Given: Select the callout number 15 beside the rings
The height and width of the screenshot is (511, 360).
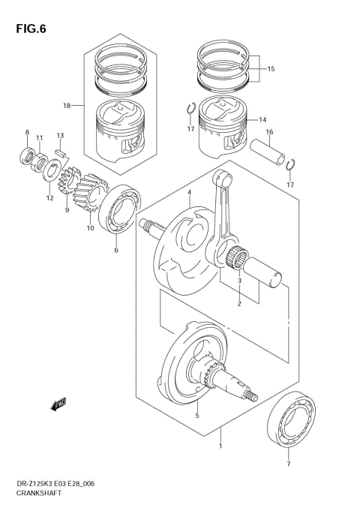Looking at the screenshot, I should point(271,69).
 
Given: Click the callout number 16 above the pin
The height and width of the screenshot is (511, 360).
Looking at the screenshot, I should point(268,132).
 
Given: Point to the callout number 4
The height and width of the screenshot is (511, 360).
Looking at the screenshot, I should point(190,193).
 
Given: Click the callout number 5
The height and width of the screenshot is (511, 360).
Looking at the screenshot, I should point(197,415).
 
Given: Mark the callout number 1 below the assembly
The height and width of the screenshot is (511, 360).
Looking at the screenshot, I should point(220,446).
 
